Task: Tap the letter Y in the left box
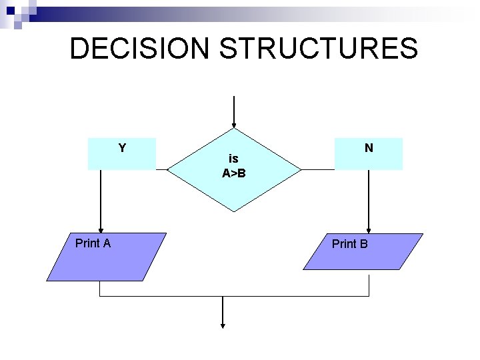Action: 122,147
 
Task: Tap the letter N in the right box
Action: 369,147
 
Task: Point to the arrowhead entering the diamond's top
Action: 234,125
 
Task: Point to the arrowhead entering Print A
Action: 100,229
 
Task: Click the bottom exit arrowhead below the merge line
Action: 222,325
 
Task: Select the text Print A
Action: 93,243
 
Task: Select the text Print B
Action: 350,244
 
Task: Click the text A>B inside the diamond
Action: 234,174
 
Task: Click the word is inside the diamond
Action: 233,159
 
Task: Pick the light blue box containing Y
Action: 122,154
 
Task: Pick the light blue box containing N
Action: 369,154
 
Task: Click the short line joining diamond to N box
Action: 317,169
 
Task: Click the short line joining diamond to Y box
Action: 161,169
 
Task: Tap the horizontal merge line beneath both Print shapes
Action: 233,296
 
